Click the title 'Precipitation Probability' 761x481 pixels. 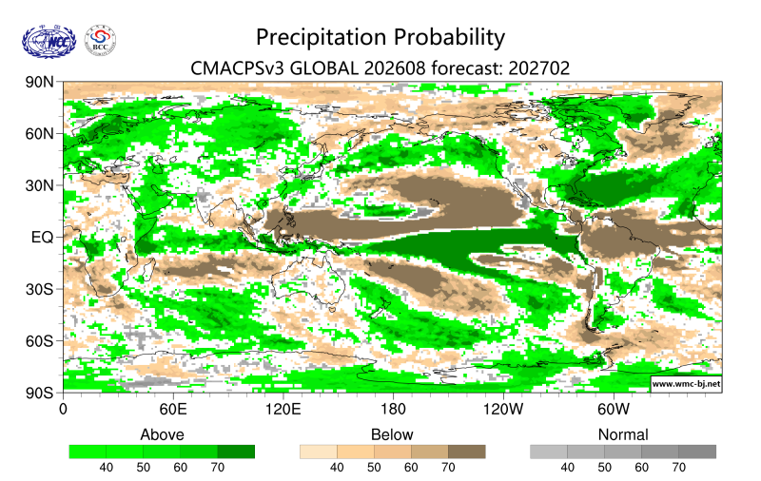point(380,38)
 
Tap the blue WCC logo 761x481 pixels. point(49,42)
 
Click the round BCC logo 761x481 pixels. point(100,41)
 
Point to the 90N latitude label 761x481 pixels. point(40,82)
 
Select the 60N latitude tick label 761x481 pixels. point(40,134)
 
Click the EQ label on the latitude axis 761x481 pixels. point(42,238)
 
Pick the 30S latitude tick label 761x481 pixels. point(40,290)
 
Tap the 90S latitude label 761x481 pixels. point(40,393)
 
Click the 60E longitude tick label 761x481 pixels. point(173,410)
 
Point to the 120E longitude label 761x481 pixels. point(283,410)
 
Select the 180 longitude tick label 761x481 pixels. point(393,410)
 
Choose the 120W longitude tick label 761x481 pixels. point(503,410)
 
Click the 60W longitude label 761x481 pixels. point(614,410)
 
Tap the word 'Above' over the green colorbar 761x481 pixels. point(162,434)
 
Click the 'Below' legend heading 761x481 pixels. point(392,434)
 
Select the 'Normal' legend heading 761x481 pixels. point(623,434)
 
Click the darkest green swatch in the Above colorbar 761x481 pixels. point(236,452)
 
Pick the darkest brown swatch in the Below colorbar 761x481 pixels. point(467,452)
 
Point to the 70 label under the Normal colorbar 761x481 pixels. point(678,468)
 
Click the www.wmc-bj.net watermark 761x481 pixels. point(686,384)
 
